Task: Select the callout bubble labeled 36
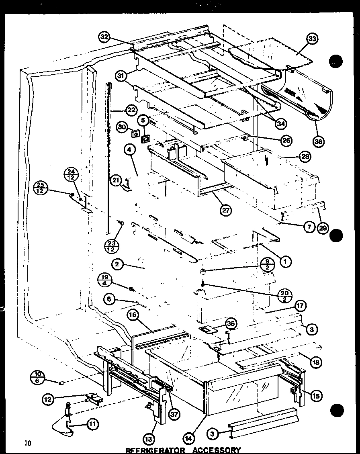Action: [319, 141]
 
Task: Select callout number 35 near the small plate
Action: [231, 323]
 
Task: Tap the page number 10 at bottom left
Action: [27, 444]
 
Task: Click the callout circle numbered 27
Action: [226, 209]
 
